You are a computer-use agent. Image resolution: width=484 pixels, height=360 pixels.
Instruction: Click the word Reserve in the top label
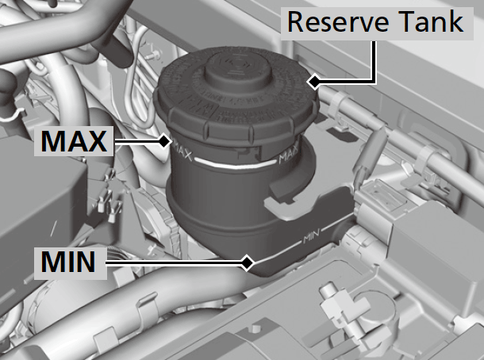(338, 22)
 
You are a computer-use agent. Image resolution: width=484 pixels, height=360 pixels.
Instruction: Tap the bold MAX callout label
(74, 141)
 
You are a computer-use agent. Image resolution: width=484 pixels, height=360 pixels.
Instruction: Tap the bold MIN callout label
(68, 262)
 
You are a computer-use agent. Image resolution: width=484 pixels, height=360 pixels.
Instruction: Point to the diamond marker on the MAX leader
(164, 142)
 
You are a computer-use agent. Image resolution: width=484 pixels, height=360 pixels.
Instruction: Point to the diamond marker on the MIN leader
(247, 263)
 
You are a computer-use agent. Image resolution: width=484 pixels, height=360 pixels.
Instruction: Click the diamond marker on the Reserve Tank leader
(313, 82)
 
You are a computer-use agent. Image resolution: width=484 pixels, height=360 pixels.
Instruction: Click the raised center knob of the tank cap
(238, 71)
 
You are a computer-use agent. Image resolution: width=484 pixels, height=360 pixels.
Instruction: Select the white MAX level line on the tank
(236, 164)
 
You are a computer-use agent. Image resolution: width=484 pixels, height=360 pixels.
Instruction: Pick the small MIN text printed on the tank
(311, 238)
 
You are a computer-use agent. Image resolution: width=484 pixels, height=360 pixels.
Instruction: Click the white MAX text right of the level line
(288, 155)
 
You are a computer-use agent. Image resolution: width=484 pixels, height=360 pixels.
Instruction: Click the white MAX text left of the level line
(182, 151)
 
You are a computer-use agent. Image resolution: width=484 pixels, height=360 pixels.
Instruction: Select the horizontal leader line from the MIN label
(176, 263)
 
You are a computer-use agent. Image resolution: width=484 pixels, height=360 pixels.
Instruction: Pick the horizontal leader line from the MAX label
(138, 142)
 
